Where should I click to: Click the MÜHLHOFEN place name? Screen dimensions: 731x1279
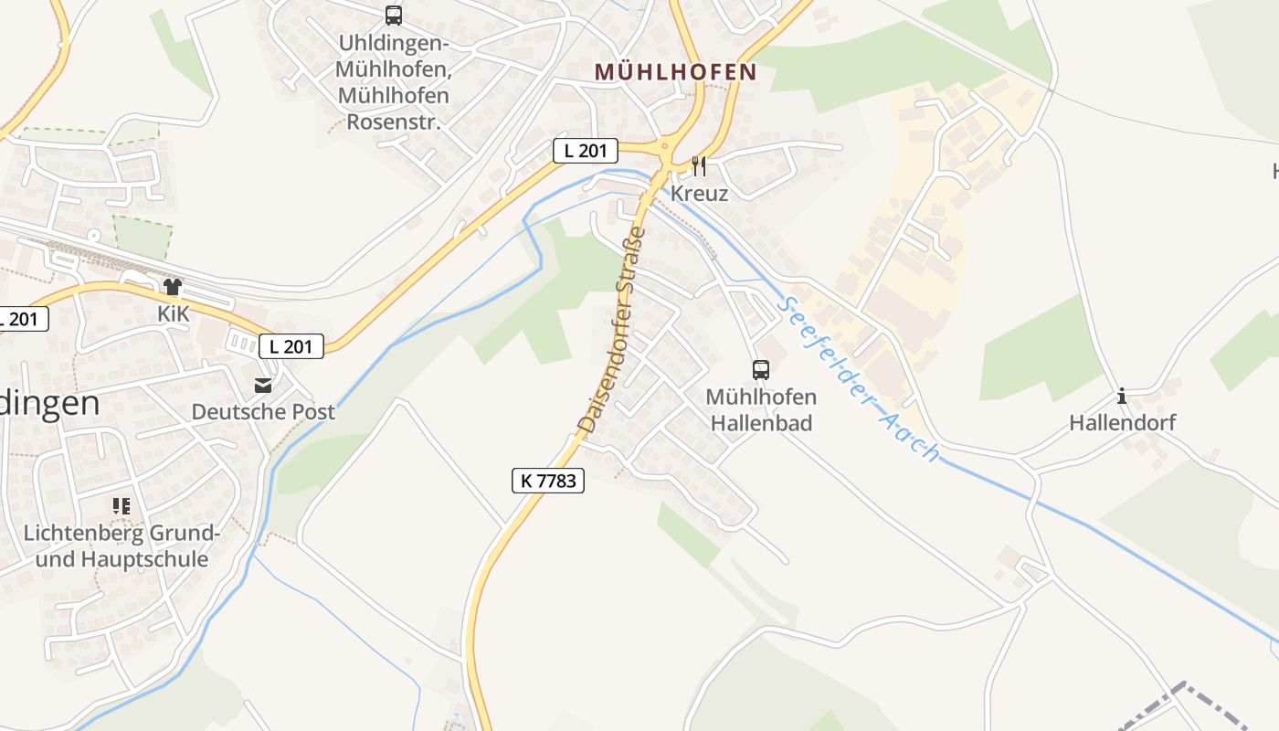coord(675,71)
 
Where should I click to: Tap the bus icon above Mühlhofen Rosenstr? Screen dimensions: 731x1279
coord(394,16)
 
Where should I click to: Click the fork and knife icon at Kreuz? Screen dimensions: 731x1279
coord(699,165)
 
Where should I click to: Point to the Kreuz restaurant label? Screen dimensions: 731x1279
coord(699,194)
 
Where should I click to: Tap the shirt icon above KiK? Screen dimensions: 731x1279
coord(173,287)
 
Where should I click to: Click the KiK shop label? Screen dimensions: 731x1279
coord(173,314)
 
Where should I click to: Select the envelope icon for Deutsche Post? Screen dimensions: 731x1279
coord(263,385)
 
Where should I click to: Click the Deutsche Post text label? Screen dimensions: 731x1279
coord(263,412)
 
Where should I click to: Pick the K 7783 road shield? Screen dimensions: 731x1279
coord(547,481)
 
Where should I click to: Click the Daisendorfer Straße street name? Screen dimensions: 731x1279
coord(612,330)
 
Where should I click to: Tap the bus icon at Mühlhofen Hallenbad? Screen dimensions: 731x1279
coord(761,370)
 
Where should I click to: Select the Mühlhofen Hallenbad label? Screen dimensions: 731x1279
coord(761,410)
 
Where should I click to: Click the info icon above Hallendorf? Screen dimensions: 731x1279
coord(1122,397)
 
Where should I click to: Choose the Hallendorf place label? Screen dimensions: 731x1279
coord(1122,423)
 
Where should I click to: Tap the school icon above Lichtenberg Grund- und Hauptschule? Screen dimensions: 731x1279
coord(122,505)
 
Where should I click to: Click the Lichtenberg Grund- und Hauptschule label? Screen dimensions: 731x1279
coord(122,546)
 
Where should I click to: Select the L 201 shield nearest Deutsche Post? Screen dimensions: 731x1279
coord(291,346)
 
